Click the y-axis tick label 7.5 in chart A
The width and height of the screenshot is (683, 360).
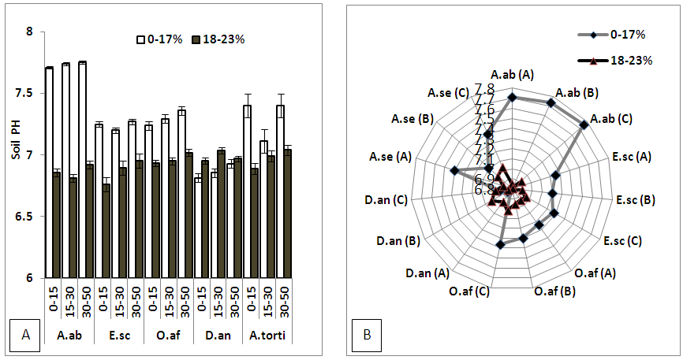(30, 93)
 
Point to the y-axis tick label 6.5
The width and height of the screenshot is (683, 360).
(30, 216)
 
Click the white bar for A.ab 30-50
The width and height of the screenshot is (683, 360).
(82, 169)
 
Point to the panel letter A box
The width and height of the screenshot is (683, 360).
(25, 336)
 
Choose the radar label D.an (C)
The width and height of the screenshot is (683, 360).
(386, 201)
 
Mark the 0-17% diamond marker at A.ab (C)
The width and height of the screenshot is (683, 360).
(584, 124)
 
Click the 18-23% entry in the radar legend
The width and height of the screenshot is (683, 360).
(628, 60)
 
